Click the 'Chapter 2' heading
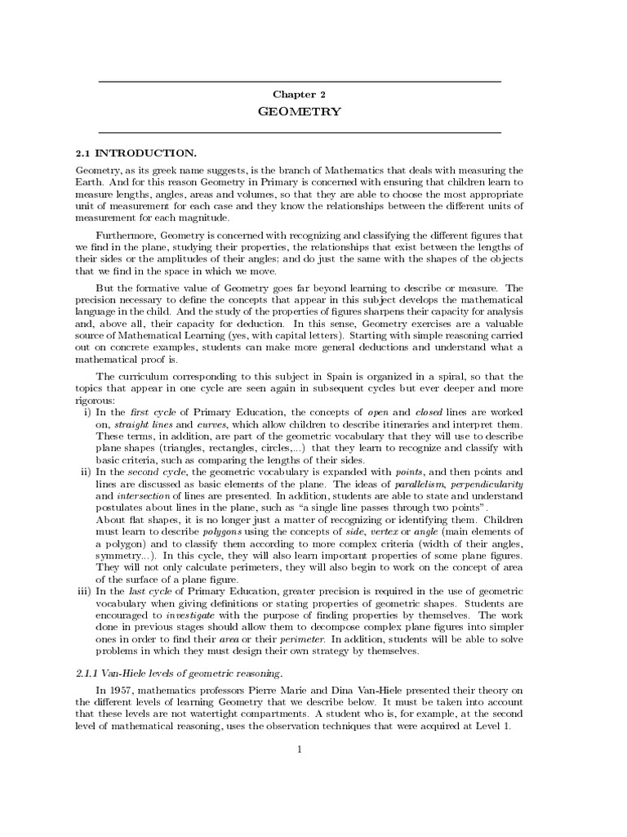299,95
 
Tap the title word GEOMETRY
299,112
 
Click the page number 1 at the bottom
300,750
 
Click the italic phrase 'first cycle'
151,411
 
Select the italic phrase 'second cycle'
161,472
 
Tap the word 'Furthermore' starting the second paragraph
126,235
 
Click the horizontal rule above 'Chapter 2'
299,83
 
